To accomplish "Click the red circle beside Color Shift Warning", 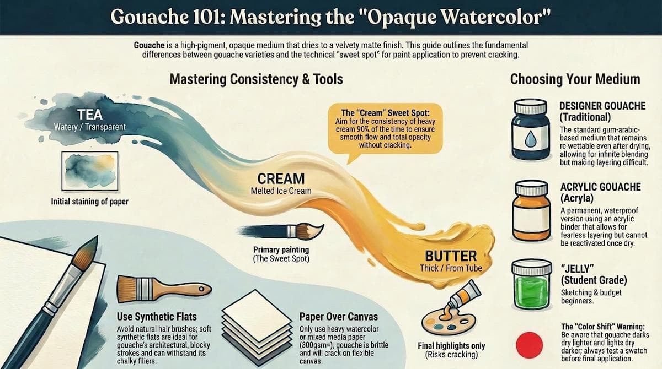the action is point(529,345).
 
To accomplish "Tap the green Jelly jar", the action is point(532,284).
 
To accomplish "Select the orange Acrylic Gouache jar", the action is point(531,210).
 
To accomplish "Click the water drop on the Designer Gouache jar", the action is point(530,139).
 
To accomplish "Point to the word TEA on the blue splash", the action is point(90,115).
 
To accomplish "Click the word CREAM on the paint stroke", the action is point(281,178).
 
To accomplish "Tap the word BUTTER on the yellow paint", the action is point(451,256).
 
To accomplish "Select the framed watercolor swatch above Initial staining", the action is point(90,171).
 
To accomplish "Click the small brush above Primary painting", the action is point(281,231).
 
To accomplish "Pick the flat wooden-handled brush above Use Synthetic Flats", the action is point(164,289).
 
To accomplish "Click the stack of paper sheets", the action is point(257,327).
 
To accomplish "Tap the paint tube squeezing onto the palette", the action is point(461,298).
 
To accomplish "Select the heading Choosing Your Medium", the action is point(575,79).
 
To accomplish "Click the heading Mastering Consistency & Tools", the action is point(256,79).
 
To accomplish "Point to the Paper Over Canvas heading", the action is point(338,317).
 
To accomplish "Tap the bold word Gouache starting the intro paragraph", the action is point(149,45).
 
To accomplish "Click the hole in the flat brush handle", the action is point(201,289).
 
